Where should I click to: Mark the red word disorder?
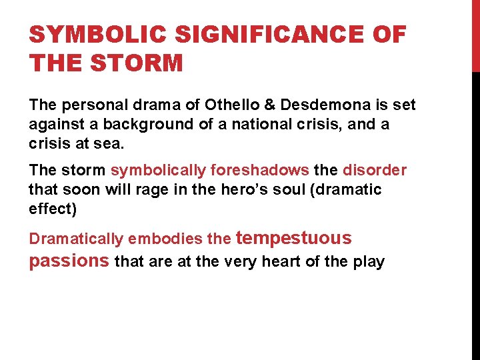[x=374, y=171]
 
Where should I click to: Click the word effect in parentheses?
[x=52, y=208]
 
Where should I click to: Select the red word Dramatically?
[x=76, y=239]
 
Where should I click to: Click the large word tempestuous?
[x=294, y=238]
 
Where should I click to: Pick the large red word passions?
[x=69, y=261]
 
